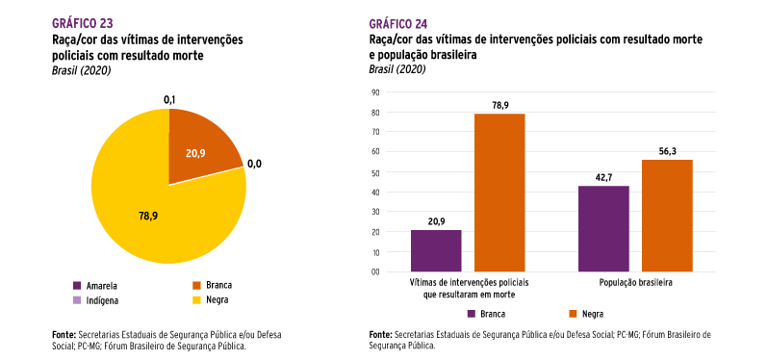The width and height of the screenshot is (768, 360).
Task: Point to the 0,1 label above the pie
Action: (x=169, y=99)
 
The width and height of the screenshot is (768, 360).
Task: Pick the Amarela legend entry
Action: (x=101, y=286)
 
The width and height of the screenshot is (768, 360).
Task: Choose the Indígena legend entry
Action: (x=102, y=301)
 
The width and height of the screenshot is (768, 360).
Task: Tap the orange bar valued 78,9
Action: (x=499, y=193)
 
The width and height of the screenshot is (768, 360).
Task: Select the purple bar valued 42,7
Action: (x=603, y=228)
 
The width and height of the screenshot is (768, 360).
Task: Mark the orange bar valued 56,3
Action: (x=667, y=215)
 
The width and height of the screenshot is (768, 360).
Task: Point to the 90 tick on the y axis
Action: (x=376, y=92)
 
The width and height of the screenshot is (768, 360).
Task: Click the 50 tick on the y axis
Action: (x=376, y=172)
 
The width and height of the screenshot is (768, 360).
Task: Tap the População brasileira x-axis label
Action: (x=635, y=285)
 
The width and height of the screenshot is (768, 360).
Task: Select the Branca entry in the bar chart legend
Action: (x=490, y=314)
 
